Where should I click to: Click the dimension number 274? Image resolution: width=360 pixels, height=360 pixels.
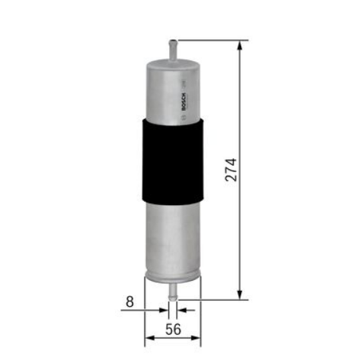tap(230, 169)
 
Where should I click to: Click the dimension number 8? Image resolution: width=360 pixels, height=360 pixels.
tap(130, 303)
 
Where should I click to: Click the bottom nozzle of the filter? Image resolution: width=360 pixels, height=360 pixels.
tap(173, 289)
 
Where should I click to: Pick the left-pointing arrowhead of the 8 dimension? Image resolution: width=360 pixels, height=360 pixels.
tap(180, 310)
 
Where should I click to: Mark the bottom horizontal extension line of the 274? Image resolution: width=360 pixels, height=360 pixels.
tap(216, 297)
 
